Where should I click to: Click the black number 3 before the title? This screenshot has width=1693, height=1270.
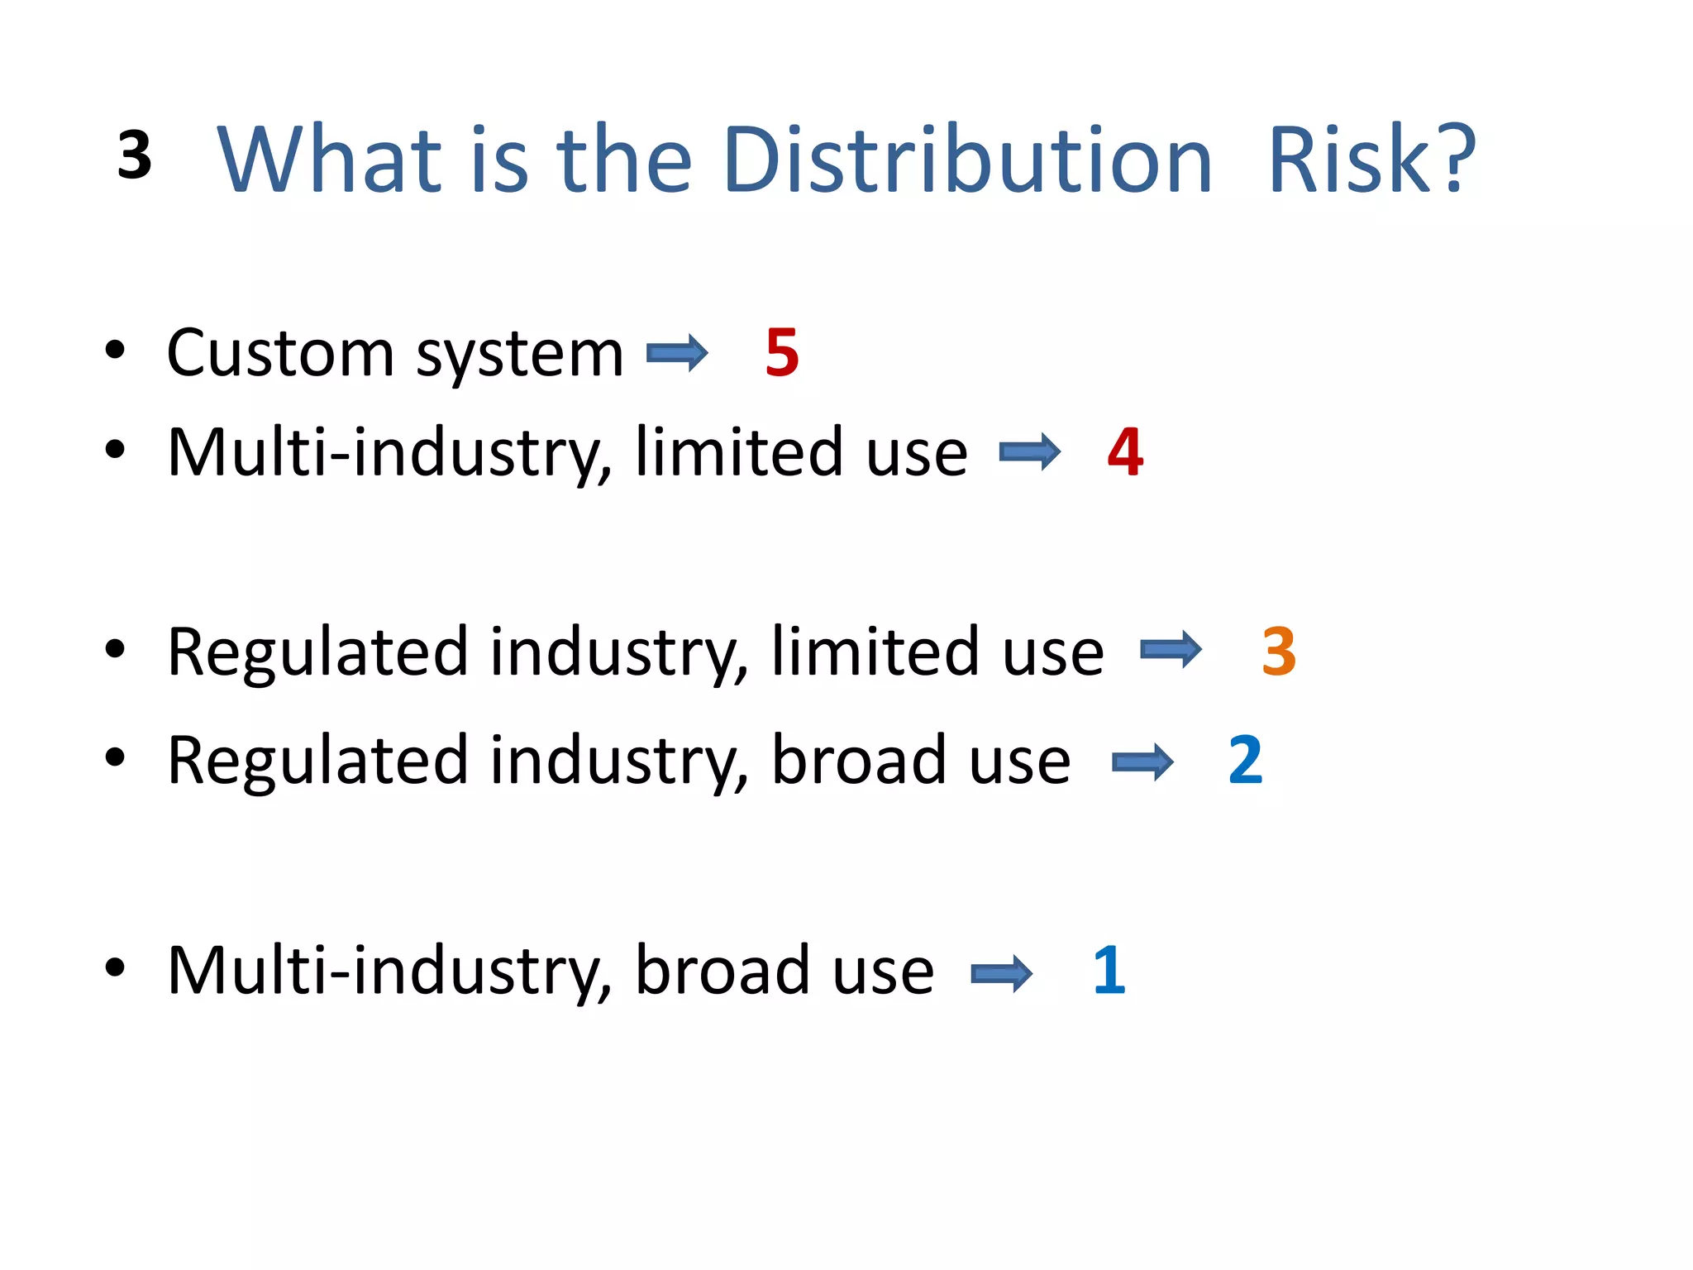click(x=135, y=155)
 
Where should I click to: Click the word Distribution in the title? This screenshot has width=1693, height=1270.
click(x=967, y=159)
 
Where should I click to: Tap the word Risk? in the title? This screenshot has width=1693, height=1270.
click(x=1371, y=159)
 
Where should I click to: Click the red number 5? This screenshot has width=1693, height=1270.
click(x=782, y=353)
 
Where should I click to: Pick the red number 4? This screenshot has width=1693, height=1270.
click(x=1125, y=452)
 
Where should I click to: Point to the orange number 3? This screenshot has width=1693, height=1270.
click(x=1279, y=652)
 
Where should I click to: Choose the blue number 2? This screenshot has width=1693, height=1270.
click(x=1246, y=760)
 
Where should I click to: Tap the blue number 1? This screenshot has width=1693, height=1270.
click(x=1109, y=970)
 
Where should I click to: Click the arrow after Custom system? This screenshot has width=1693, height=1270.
click(x=677, y=354)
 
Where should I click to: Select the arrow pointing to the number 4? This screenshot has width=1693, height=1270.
click(x=1030, y=452)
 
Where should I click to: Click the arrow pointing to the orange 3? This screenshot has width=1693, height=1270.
click(x=1171, y=650)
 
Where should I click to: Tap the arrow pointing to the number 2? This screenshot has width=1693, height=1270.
click(x=1142, y=762)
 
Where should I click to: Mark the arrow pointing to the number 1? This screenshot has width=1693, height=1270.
click(x=1002, y=973)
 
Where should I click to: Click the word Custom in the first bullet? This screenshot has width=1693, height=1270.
click(x=280, y=353)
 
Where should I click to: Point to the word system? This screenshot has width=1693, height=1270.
click(x=519, y=356)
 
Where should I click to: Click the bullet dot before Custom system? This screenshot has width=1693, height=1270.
click(x=115, y=351)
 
